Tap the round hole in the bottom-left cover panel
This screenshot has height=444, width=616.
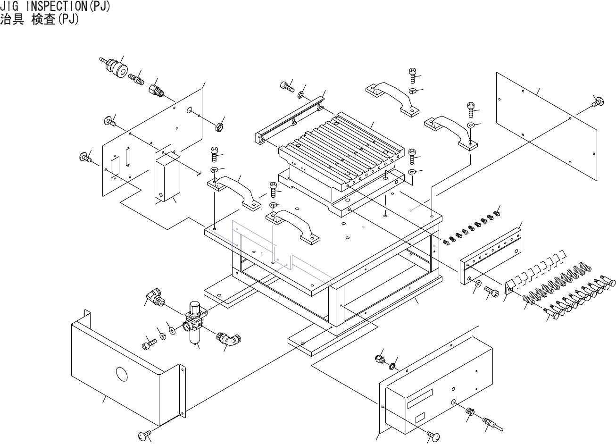pyautogui.click(x=122, y=374)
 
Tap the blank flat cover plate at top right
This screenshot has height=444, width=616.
pyautogui.click(x=546, y=126)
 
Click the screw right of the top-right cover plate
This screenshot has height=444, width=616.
pyautogui.click(x=598, y=102)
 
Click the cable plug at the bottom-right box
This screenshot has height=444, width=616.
pyautogui.click(x=492, y=424)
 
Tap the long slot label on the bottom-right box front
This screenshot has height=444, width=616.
pyautogui.click(x=420, y=399)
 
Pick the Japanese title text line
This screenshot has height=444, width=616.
pyautogui.click(x=39, y=19)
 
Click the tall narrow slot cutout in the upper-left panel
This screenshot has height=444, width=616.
pyautogui.click(x=128, y=157)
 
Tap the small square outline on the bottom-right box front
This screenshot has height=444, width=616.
pyautogui.click(x=420, y=418)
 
